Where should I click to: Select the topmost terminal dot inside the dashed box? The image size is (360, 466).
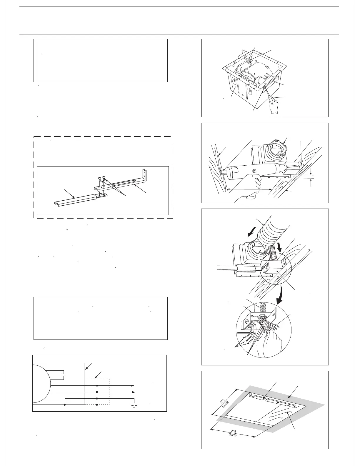97,385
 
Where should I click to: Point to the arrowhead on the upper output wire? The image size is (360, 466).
133,385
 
